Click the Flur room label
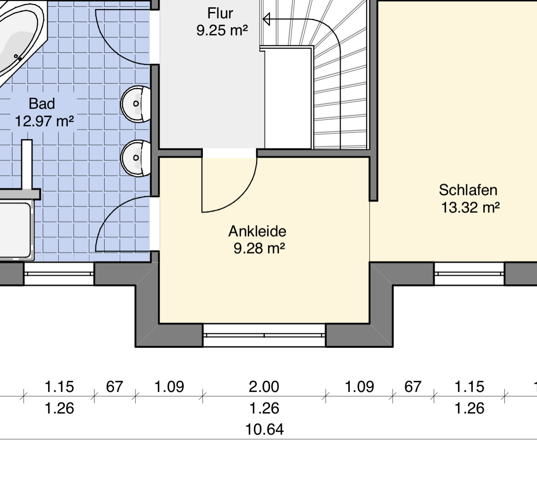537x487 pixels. pos(220,13)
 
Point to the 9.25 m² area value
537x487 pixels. pos(222,30)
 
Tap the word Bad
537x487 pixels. pos(42,104)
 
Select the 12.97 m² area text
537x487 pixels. pos(44,121)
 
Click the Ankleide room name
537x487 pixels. pos(257,232)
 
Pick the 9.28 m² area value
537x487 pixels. pos(259,249)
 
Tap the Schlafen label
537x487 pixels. pos(468,190)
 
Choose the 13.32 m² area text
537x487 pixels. pos(470,208)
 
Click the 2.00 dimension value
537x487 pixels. pos(264,387)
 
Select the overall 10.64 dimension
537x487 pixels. pos(265,430)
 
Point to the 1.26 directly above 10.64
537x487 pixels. pos(264,408)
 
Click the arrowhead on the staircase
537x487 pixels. pos(267,19)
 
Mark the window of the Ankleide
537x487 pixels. pos(264,335)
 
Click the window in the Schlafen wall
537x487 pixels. pos(469,274)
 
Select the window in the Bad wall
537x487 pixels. pos(59,274)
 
